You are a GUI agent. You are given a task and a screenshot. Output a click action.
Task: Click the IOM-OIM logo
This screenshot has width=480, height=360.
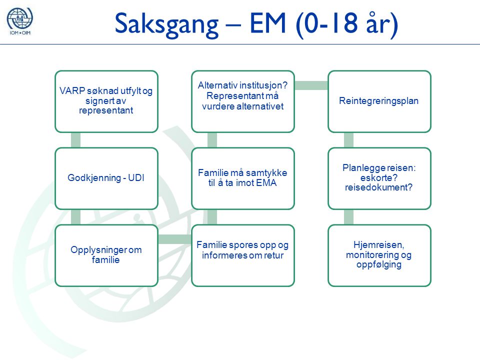(x=20, y=21)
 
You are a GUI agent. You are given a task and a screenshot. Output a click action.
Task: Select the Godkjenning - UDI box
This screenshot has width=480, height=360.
(x=106, y=178)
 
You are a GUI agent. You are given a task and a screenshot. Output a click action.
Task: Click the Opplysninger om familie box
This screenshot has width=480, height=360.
(x=106, y=255)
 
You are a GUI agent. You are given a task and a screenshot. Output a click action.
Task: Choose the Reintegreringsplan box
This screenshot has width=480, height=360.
(x=379, y=101)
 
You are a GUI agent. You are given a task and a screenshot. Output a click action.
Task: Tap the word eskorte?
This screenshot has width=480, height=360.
(x=378, y=178)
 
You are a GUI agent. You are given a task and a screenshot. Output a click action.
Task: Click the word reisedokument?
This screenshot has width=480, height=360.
(x=378, y=187)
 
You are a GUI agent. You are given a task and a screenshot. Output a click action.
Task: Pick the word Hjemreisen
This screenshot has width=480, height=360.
(x=378, y=245)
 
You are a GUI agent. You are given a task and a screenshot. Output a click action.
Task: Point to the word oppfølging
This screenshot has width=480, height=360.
(x=378, y=264)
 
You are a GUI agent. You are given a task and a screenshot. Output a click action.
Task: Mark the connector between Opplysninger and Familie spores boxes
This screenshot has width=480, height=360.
(x=175, y=239)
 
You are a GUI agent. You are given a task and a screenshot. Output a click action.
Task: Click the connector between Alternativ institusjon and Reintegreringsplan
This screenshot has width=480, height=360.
(x=311, y=85)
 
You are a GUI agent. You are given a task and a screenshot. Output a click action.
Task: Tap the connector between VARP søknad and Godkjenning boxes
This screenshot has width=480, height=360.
(x=75, y=140)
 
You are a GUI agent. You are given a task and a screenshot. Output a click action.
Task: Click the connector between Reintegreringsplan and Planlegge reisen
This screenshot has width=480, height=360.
(x=348, y=140)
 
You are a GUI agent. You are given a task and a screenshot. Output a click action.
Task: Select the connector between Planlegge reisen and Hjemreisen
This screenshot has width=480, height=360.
(x=348, y=217)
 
